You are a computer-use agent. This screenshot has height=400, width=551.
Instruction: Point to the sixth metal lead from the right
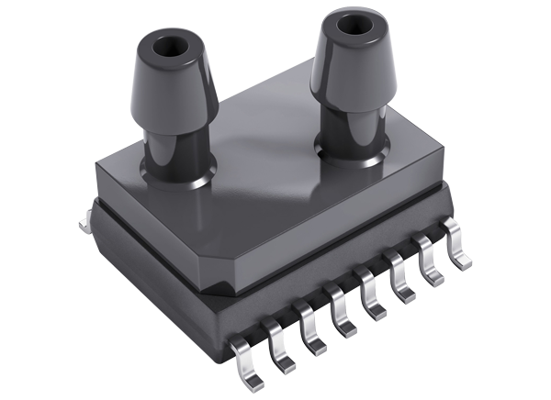[313, 334]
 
